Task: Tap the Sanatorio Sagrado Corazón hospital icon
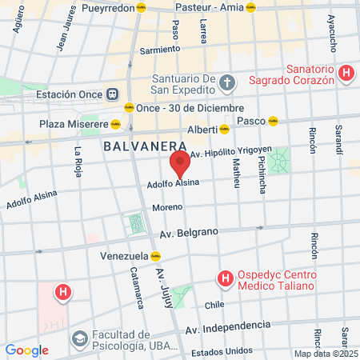[x=346, y=74]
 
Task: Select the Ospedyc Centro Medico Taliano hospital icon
[x=226, y=278]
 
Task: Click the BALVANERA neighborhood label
[x=145, y=146]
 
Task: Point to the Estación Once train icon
[x=112, y=94]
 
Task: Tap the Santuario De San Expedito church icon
[x=227, y=82]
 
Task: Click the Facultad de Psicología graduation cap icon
[x=79, y=339]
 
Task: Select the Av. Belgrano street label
[x=189, y=233]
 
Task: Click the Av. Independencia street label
[x=227, y=326]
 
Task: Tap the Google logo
[x=26, y=350]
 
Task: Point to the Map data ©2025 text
[x=326, y=354]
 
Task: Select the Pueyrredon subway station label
[x=109, y=6]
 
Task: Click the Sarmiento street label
[x=159, y=50]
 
